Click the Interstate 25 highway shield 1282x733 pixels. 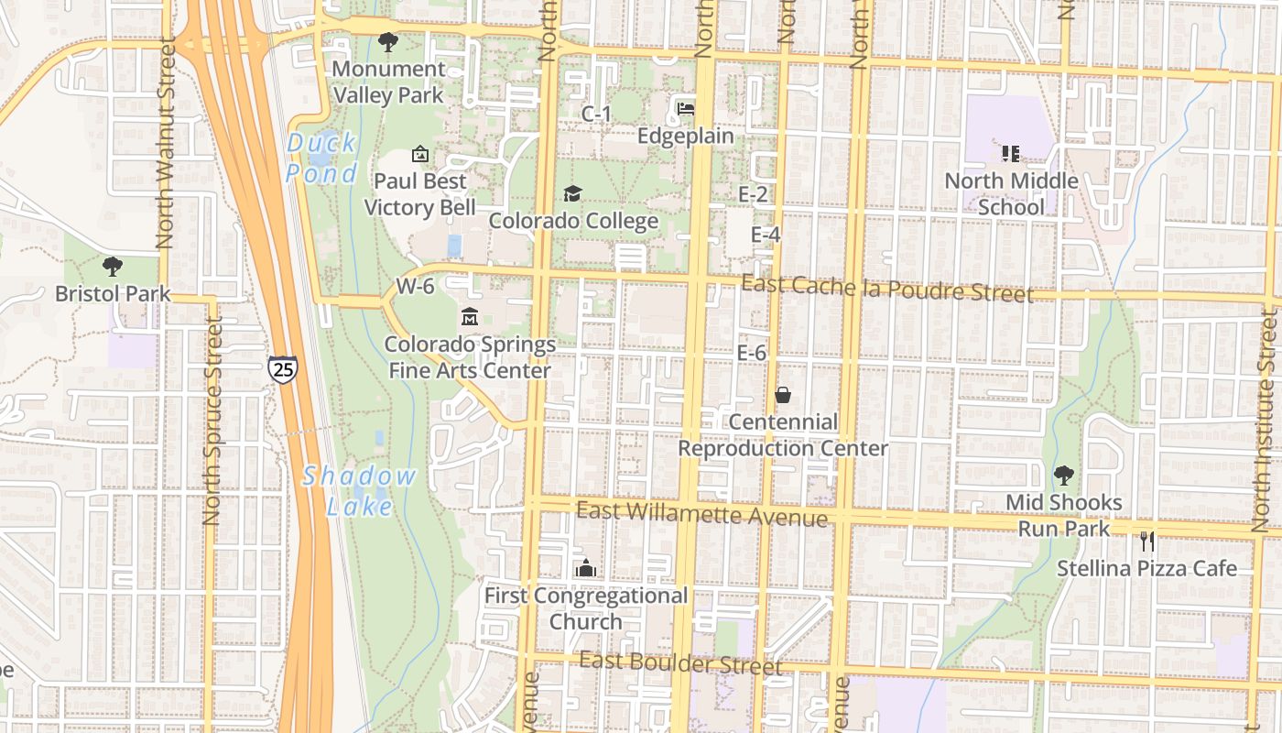[282, 368]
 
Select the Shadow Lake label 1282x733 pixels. [359, 490]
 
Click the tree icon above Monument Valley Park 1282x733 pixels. [388, 42]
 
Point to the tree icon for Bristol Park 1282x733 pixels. [113, 268]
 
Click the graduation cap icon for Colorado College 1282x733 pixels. [572, 194]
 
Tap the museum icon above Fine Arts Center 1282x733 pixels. [470, 317]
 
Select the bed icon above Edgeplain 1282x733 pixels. [686, 109]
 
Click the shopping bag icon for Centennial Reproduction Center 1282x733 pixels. [783, 395]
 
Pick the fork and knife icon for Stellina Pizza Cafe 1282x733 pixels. [1146, 542]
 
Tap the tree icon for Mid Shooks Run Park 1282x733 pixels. [1063, 476]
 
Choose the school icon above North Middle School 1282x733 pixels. [1011, 153]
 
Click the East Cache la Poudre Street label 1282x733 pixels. [886, 289]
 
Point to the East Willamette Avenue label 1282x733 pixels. [701, 515]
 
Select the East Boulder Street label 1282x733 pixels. [680, 663]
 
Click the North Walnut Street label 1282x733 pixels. [166, 143]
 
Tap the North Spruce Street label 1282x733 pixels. [212, 421]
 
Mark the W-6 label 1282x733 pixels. [415, 286]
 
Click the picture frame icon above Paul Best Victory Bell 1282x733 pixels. [420, 154]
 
